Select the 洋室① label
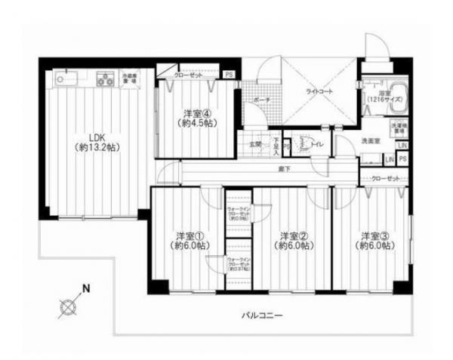pyautogui.click(x=188, y=240)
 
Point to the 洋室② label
pyautogui.click(x=291, y=240)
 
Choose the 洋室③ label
pyautogui.click(x=374, y=240)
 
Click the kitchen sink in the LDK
pyautogui.click(x=63, y=78)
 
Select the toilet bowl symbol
pyautogui.click(x=304, y=142)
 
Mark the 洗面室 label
pyautogui.click(x=370, y=141)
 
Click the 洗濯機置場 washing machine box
pyautogui.click(x=399, y=125)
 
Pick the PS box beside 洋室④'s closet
pyautogui.click(x=228, y=74)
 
